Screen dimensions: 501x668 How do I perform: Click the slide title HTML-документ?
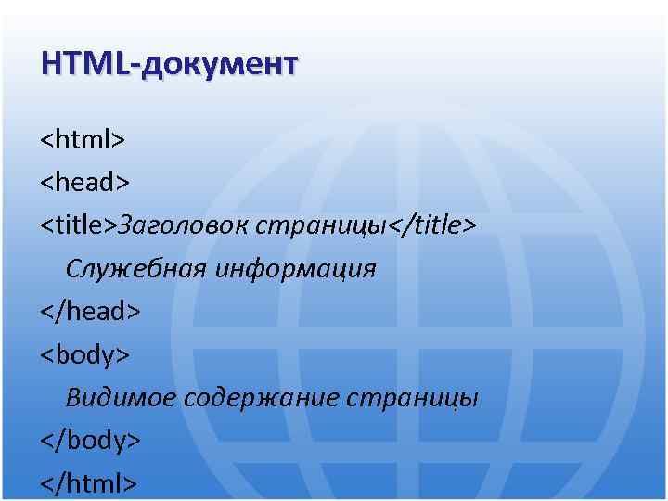(x=169, y=64)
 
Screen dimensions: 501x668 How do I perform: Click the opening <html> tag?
(x=83, y=140)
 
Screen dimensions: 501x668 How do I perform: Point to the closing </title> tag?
(x=433, y=225)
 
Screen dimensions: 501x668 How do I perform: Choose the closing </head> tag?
(x=90, y=311)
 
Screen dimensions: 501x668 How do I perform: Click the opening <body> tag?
(x=84, y=353)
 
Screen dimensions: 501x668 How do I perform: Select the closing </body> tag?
(x=90, y=440)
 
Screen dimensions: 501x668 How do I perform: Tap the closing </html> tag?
(x=89, y=482)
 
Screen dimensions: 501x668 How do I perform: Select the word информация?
(x=296, y=269)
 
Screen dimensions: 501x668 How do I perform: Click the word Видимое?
(x=120, y=398)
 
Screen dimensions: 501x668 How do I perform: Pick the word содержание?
(x=261, y=398)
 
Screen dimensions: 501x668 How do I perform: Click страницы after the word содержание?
(x=413, y=398)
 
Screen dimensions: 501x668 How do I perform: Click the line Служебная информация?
(x=221, y=269)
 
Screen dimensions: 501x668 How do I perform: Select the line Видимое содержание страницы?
(x=272, y=398)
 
